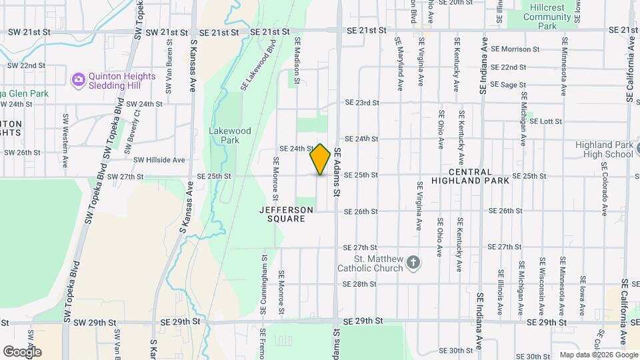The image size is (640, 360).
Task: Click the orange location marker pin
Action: pyautogui.click(x=321, y=159)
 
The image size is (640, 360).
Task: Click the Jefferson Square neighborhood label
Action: pyautogui.click(x=286, y=214)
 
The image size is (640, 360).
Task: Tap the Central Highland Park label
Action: pyautogui.click(x=471, y=176)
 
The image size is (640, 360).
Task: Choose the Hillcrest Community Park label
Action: pyautogui.click(x=547, y=17)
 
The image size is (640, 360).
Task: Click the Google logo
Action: pyautogui.click(x=22, y=351)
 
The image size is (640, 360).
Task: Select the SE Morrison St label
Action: pyautogui.click(x=515, y=49)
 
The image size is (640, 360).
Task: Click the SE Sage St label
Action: pyautogui.click(x=508, y=85)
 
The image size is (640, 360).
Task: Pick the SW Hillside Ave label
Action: pyautogui.click(x=159, y=160)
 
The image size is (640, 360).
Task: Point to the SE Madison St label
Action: pyautogui.click(x=297, y=60)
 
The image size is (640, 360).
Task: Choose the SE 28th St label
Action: pyautogui.click(x=360, y=284)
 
